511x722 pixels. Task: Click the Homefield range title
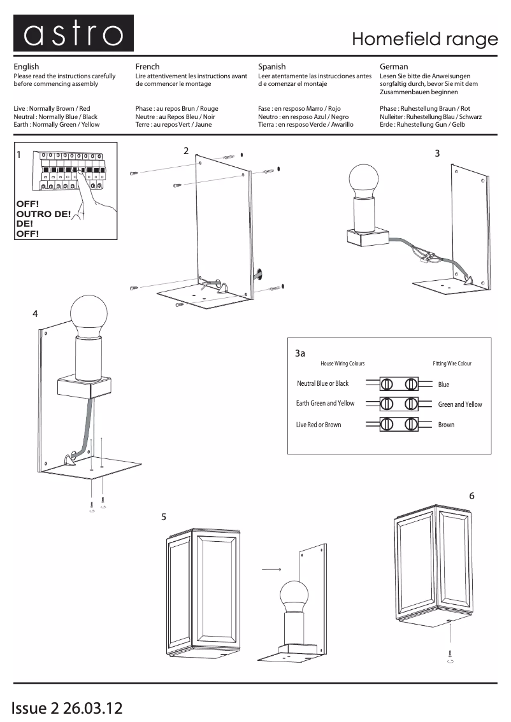point(424,39)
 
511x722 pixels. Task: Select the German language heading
point(394,66)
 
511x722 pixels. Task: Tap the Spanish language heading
point(272,66)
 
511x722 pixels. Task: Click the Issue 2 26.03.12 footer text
point(66,707)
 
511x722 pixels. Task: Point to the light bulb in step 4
point(89,315)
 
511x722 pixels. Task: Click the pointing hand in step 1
point(96,197)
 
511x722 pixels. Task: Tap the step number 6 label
point(471,495)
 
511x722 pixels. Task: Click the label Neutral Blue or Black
point(322,383)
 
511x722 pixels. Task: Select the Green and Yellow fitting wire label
point(460,404)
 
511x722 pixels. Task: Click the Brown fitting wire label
point(446,425)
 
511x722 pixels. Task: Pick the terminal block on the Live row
point(398,424)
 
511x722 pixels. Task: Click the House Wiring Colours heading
point(342,364)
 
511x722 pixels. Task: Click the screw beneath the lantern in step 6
point(450,653)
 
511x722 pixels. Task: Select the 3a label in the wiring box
point(300,353)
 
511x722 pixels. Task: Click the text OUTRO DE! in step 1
point(43,214)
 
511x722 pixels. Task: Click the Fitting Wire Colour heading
point(452,364)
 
